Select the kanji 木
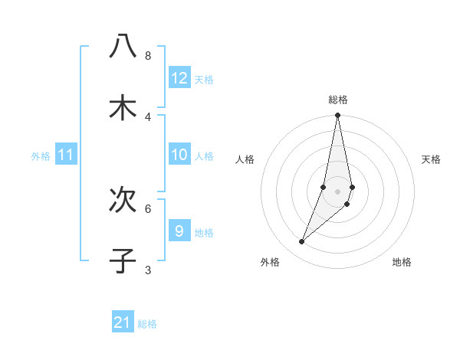(x=123, y=107)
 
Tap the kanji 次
(x=123, y=199)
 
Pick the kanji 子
(x=123, y=260)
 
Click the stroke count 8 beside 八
(x=148, y=55)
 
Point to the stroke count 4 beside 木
(x=148, y=116)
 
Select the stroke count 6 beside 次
(x=148, y=208)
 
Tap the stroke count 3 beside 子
(x=148, y=270)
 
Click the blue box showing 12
(x=179, y=78)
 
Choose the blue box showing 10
(x=179, y=155)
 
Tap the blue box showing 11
(x=66, y=155)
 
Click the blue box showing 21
(x=123, y=322)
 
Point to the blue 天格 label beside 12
(x=204, y=80)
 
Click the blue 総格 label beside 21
(x=147, y=324)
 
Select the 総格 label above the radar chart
(x=337, y=100)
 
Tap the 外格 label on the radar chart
(x=270, y=262)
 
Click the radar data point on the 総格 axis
(x=337, y=116)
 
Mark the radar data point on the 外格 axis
(x=301, y=242)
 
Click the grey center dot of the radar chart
(x=337, y=191)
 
